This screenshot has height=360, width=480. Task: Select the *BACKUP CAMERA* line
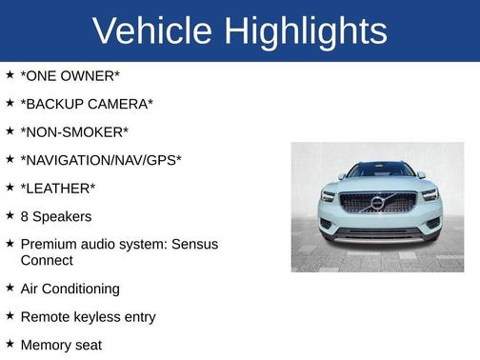[x=86, y=104]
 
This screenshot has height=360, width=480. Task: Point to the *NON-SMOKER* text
[x=73, y=131]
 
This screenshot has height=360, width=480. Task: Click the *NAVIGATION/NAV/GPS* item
[x=100, y=160]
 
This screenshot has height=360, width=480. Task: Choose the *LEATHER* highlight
[x=57, y=189]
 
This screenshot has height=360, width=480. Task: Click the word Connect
[x=46, y=260]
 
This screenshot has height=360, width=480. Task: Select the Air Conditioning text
[x=70, y=289]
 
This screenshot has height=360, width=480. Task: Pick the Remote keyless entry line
[x=87, y=316]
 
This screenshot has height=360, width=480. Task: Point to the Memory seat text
[x=60, y=345]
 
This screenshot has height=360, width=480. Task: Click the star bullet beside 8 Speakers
[x=10, y=215]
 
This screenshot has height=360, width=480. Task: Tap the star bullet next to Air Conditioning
[x=10, y=288]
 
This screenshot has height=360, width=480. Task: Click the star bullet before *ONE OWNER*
[x=10, y=74]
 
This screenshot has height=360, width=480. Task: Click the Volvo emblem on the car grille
[x=377, y=203]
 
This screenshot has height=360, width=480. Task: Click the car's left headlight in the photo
[x=330, y=196]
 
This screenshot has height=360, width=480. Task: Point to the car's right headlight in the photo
[x=430, y=195]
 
